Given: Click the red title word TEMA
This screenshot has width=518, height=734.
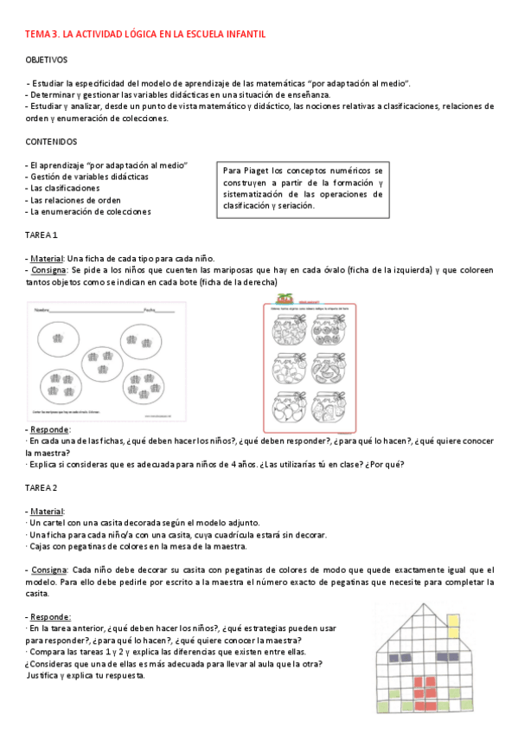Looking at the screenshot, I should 38,34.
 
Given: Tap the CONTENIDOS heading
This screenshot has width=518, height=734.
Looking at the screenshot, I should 51,141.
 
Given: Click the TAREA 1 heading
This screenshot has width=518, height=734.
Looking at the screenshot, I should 42,235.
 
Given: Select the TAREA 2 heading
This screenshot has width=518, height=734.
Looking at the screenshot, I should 42,488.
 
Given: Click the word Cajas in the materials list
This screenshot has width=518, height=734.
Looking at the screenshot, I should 42,546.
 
